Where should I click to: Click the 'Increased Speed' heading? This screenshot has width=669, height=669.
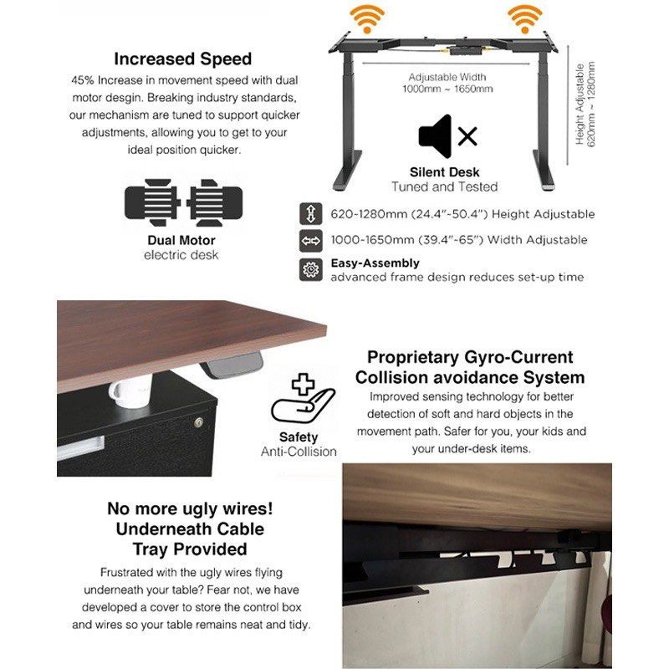click(182, 59)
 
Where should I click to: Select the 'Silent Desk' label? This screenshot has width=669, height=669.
click(445, 172)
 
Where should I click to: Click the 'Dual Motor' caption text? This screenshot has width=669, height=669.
click(181, 241)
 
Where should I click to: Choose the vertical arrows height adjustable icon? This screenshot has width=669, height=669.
click(311, 214)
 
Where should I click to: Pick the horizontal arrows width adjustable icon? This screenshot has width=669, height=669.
click(311, 241)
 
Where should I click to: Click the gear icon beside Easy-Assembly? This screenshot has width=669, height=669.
click(311, 269)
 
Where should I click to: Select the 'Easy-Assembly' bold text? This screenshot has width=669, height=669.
click(375, 263)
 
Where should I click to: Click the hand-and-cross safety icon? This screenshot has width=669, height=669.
click(299, 401)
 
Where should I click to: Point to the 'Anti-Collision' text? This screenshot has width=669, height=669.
click(299, 452)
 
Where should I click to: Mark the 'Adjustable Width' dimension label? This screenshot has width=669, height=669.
click(447, 76)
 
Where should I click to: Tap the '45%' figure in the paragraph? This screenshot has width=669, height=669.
click(84, 81)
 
